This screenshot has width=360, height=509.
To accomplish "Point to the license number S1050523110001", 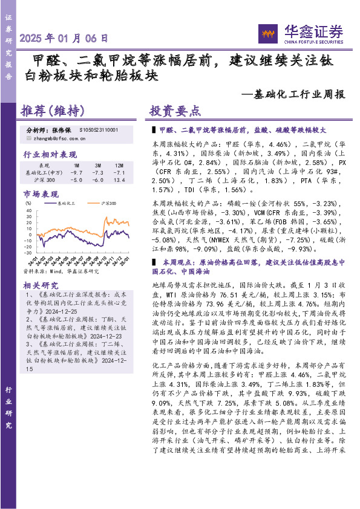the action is (x=99, y=130).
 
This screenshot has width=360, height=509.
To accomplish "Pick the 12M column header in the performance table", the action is (x=119, y=165).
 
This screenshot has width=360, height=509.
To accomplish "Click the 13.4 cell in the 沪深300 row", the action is (x=119, y=180).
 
